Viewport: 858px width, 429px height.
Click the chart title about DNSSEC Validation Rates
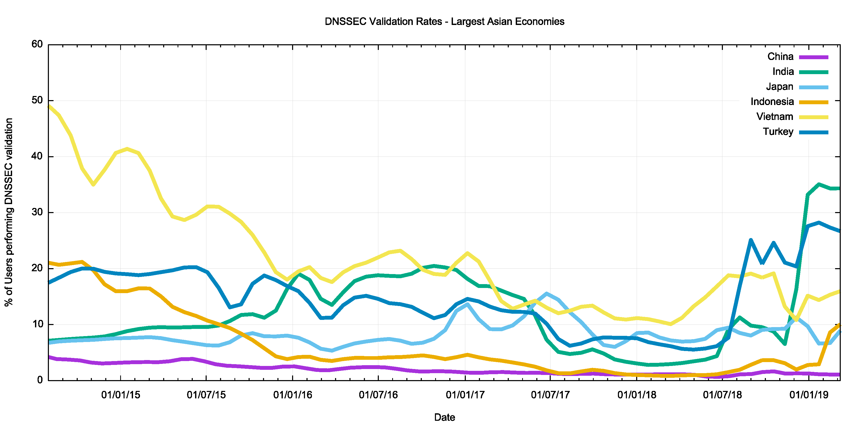pyautogui.click(x=444, y=22)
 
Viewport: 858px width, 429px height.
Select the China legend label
pyautogui.click(x=780, y=57)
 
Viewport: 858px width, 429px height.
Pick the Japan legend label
pyautogui.click(x=780, y=87)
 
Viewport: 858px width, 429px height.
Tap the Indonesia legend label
pyautogui.click(x=772, y=102)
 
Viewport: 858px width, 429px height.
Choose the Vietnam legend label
pyautogui.click(x=774, y=117)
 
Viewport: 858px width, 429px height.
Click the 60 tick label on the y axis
pyautogui.click(x=37, y=44)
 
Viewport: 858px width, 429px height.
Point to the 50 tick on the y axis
pyautogui.click(x=37, y=100)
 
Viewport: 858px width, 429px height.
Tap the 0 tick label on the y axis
pyautogui.click(x=40, y=380)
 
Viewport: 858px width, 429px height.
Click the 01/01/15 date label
pyautogui.click(x=121, y=395)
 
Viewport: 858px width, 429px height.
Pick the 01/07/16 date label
pyautogui.click(x=378, y=395)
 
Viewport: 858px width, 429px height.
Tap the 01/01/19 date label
pyautogui.click(x=809, y=395)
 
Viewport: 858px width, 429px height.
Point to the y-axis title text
pyautogui.click(x=9, y=212)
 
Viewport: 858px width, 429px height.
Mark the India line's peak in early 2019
pyautogui.click(x=819, y=184)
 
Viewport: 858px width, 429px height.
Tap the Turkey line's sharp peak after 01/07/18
pyautogui.click(x=751, y=240)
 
